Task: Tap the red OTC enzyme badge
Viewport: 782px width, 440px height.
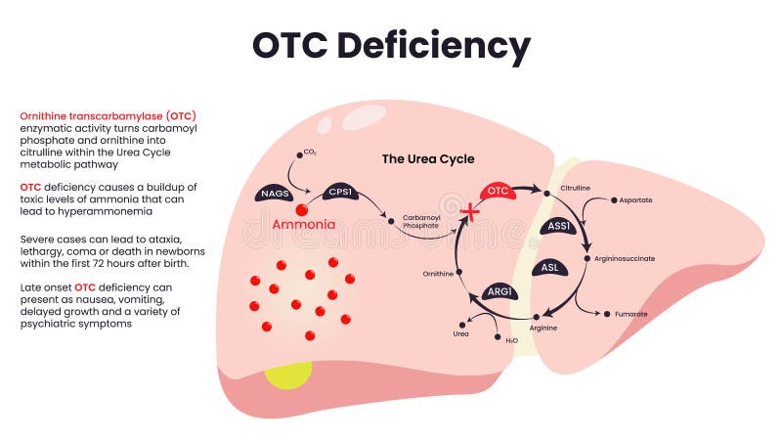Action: (x=498, y=191)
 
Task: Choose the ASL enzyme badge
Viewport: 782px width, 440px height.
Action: (x=548, y=267)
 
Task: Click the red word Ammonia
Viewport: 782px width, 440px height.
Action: (x=304, y=225)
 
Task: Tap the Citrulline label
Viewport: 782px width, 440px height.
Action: (x=576, y=187)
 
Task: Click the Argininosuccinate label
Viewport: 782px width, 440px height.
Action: (x=625, y=258)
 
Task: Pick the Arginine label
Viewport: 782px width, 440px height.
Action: (x=543, y=328)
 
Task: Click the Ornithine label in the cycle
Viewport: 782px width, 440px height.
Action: (x=438, y=274)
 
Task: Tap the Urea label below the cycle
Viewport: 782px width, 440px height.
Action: (x=460, y=333)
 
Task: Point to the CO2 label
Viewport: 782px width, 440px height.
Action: (x=310, y=153)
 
